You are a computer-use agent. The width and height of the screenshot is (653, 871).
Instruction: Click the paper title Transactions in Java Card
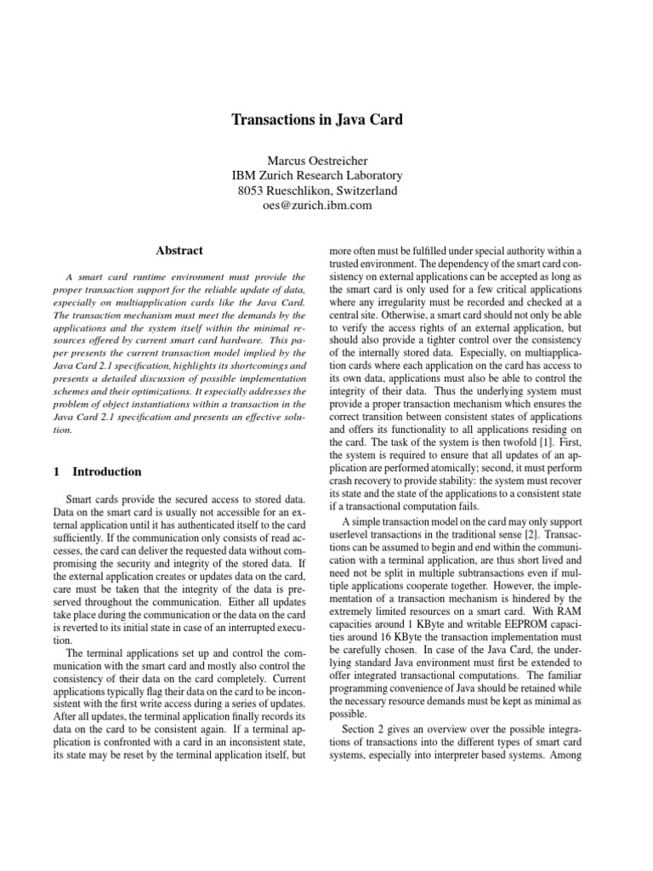(x=317, y=120)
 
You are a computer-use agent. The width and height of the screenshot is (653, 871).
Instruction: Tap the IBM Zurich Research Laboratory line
(x=317, y=175)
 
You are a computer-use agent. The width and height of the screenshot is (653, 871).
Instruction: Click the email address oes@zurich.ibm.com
(x=317, y=206)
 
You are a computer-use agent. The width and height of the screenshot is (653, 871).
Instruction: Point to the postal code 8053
(x=254, y=191)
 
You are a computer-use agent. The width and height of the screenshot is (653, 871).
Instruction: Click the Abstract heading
(x=179, y=250)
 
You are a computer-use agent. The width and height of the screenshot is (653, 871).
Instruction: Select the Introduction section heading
(x=107, y=471)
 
